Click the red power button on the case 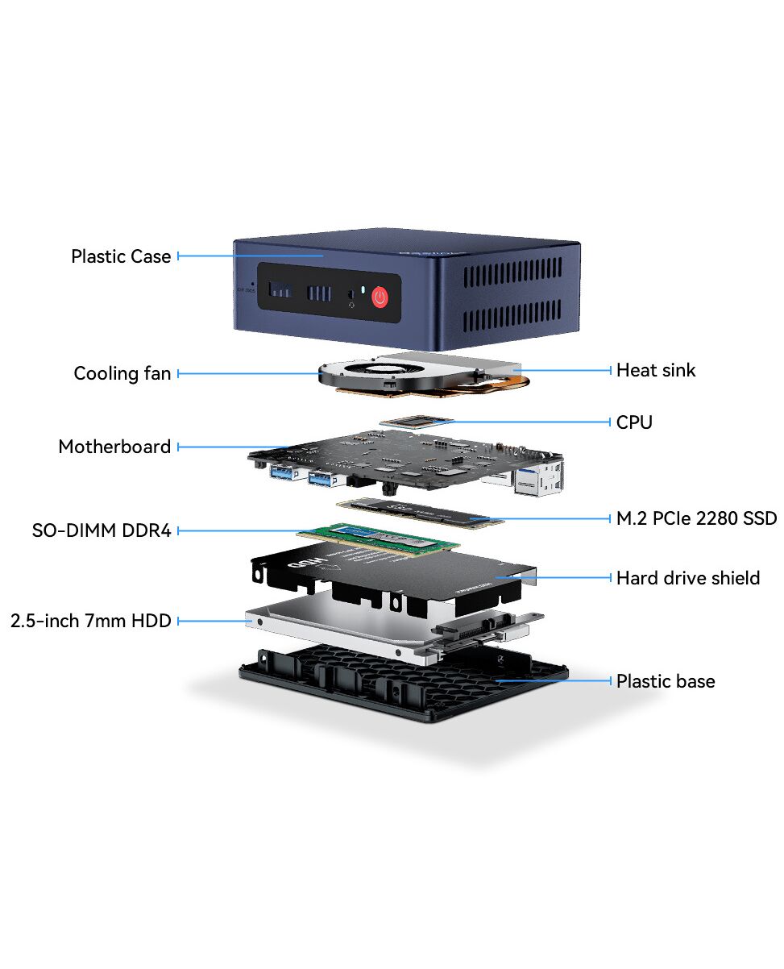pos(380,297)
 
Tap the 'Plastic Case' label pos(121,256)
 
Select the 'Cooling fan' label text pos(122,373)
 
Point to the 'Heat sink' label pos(656,370)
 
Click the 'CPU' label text pos(634,422)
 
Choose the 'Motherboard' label pos(114,447)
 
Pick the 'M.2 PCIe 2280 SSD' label pos(696,518)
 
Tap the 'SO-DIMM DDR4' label pos(102,530)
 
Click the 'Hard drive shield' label pos(688,578)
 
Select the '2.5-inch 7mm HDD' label pos(90,621)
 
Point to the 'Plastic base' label pos(666,681)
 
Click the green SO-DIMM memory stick pos(378,539)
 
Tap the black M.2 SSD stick pos(420,513)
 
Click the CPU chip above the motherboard pos(417,422)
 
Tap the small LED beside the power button pos(363,289)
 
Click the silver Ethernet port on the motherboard pos(539,478)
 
